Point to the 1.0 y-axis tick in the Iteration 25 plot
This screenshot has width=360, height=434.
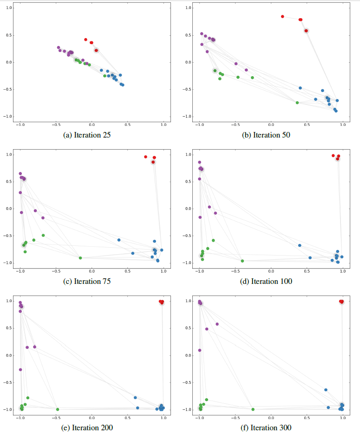click(8, 8)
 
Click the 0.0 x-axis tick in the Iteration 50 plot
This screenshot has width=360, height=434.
click(271, 125)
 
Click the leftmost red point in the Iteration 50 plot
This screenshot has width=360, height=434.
click(282, 16)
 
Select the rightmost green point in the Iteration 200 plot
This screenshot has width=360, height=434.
click(58, 409)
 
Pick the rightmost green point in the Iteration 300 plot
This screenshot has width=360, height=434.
click(253, 409)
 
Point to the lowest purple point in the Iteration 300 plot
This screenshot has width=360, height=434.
click(200, 350)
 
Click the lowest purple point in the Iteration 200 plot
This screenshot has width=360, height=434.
click(20, 370)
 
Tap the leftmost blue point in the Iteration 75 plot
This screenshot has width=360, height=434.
click(119, 240)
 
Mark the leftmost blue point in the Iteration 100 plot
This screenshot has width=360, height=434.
click(300, 245)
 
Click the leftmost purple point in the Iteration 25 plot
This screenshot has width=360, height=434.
click(59, 47)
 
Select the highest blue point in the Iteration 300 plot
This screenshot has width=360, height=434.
click(326, 390)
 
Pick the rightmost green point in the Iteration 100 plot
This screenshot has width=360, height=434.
click(242, 261)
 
